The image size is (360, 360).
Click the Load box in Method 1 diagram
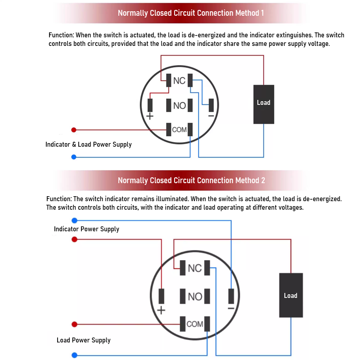pos(264,104)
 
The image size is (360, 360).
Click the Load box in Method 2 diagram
pos(291,295)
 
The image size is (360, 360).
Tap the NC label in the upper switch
pos(179,81)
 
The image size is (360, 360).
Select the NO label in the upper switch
pos(179,106)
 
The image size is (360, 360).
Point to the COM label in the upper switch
pos(179,130)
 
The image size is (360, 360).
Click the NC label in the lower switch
pos(194,268)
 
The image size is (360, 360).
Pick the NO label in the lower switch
pos(195,297)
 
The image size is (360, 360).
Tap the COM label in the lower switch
pos(195,324)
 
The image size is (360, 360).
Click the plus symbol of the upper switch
pos(150,116)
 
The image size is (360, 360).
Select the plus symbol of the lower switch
pos(161,310)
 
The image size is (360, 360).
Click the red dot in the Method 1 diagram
pos(74,130)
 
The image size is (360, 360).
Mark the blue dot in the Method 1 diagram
pos(74,157)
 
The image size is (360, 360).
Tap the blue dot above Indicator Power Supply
pos(75,220)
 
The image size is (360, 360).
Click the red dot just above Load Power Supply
pos(75,324)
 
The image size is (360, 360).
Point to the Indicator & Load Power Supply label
pos(89,144)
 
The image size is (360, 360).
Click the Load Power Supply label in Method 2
pos(84,340)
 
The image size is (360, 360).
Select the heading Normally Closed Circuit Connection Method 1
pos(191,13)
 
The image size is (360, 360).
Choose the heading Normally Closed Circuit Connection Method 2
pos(191,180)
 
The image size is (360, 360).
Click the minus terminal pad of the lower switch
pos(231,296)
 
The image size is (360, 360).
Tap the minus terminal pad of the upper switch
pos(211,105)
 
